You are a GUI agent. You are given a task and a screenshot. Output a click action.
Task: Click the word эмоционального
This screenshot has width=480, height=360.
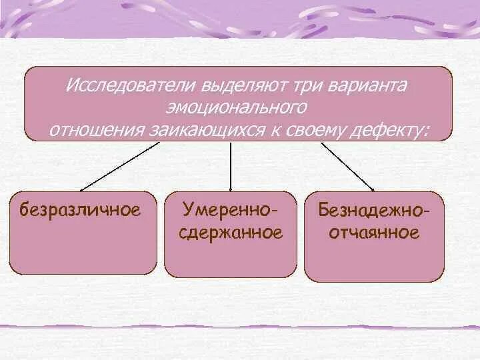238,109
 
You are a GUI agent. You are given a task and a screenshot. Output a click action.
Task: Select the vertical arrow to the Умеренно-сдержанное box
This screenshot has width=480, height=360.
231,167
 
